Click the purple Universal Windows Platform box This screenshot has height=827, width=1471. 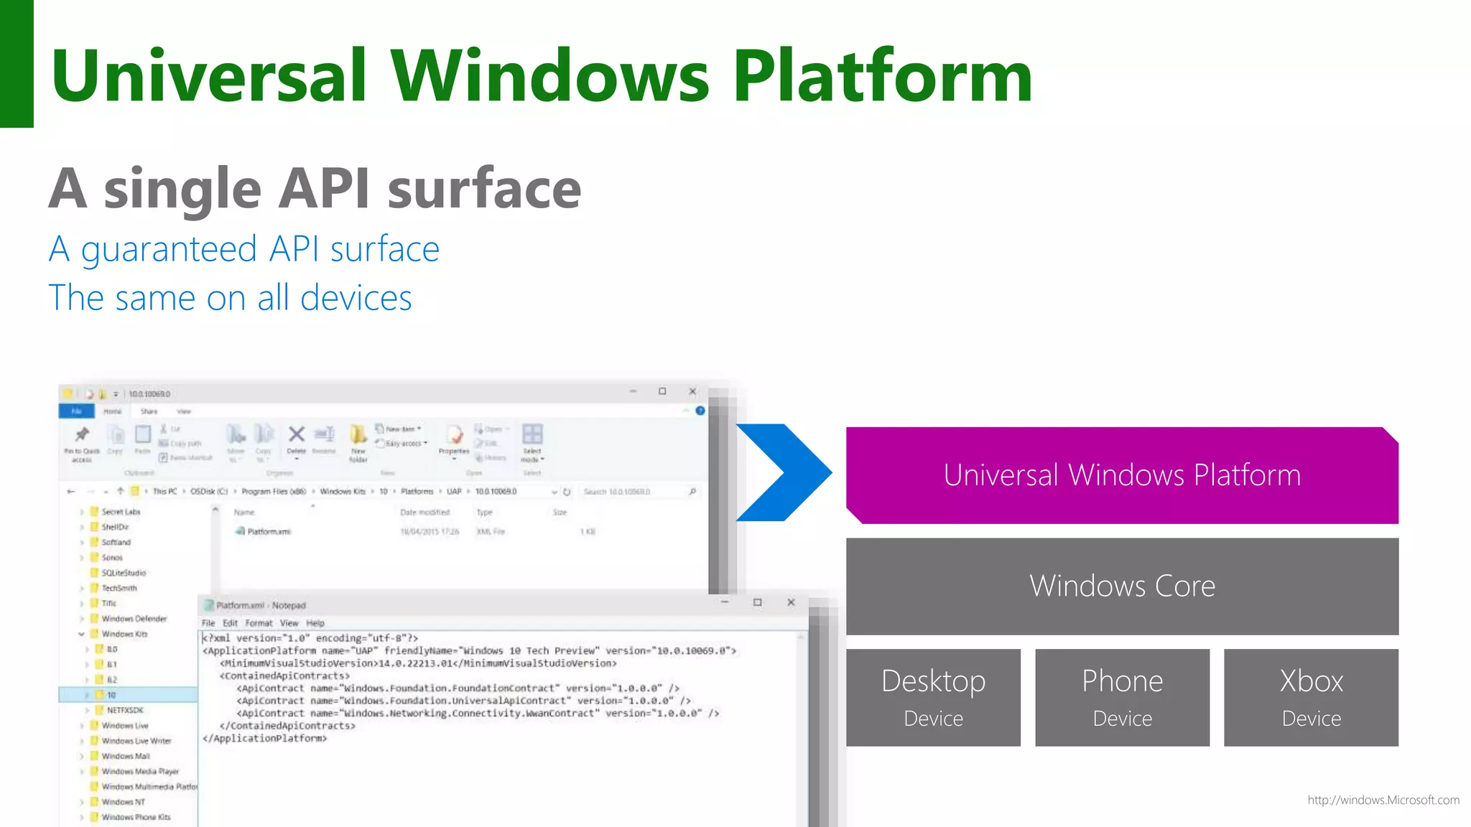click(1122, 475)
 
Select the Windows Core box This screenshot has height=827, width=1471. click(1122, 586)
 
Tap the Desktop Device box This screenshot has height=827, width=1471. click(933, 697)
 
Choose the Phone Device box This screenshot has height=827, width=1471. click(1122, 697)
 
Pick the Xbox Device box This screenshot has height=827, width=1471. click(1311, 697)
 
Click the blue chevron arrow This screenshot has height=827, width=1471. click(784, 472)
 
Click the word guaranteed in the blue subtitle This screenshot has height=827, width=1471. click(169, 250)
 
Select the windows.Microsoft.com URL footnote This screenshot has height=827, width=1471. click(1383, 800)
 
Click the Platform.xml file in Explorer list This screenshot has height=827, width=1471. click(268, 532)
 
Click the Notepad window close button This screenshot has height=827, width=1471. click(791, 602)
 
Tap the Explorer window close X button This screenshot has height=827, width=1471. click(692, 391)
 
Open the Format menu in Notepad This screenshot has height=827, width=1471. click(259, 623)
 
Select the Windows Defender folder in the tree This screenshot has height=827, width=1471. click(134, 619)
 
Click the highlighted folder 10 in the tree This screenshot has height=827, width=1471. click(111, 695)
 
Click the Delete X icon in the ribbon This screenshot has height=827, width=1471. click(296, 434)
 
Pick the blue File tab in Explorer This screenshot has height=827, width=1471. click(76, 411)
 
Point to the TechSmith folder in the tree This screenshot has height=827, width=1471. click(119, 588)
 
